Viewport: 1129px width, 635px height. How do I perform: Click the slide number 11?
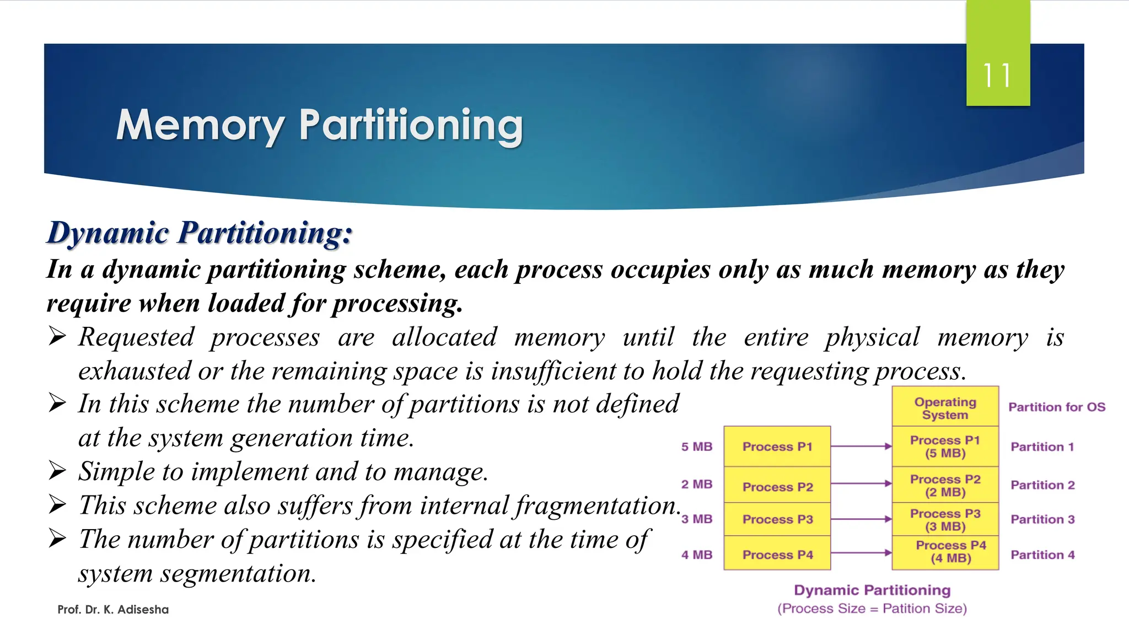pyautogui.click(x=997, y=76)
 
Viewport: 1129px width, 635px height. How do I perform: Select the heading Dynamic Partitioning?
pyautogui.click(x=200, y=233)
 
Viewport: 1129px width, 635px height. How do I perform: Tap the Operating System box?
pyautogui.click(x=945, y=408)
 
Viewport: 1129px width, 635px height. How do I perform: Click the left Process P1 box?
pyautogui.click(x=777, y=446)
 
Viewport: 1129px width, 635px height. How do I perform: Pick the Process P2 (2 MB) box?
pyautogui.click(x=945, y=485)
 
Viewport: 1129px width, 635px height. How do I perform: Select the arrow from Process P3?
pyautogui.click(x=861, y=519)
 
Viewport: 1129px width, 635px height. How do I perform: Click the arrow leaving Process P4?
pyautogui.click(x=861, y=553)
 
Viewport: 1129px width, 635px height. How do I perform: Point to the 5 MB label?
pyautogui.click(x=697, y=446)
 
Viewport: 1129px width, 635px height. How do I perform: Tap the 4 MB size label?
pyautogui.click(x=697, y=555)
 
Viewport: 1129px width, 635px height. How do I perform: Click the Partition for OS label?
pyautogui.click(x=1057, y=407)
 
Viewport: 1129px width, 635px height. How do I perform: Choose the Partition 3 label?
pyautogui.click(x=1042, y=519)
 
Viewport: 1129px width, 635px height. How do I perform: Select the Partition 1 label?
pyautogui.click(x=1042, y=446)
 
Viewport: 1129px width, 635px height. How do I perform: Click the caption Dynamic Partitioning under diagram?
pyautogui.click(x=872, y=590)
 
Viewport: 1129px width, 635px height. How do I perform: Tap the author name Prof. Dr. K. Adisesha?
pyautogui.click(x=113, y=610)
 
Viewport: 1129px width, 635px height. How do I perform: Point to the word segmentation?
pyautogui.click(x=238, y=574)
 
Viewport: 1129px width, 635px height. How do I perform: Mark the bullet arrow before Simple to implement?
pyautogui.click(x=57, y=471)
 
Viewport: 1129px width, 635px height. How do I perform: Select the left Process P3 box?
pyautogui.click(x=777, y=519)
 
